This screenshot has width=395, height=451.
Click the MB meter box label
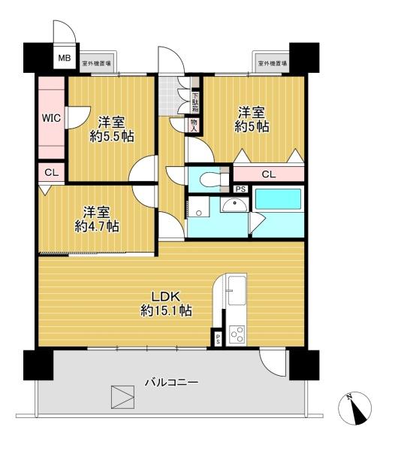click(x=65, y=58)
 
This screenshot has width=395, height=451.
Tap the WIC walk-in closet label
click(x=51, y=118)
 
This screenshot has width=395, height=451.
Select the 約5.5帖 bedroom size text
click(x=112, y=136)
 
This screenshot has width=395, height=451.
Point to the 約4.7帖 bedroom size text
click(x=97, y=226)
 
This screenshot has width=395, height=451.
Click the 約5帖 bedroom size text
click(x=252, y=126)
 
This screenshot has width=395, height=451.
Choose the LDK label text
click(x=166, y=297)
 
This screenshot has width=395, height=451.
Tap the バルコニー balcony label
click(x=171, y=383)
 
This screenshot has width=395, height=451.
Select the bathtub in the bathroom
click(x=278, y=199)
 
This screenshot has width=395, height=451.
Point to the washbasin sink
click(x=235, y=205)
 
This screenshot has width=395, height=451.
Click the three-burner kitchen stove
click(x=237, y=334)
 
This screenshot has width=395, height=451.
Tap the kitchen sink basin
click(x=237, y=290)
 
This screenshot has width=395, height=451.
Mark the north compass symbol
click(x=354, y=408)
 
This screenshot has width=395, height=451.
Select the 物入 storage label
click(x=194, y=126)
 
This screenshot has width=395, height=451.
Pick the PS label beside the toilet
click(x=240, y=189)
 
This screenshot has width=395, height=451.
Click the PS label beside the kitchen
click(x=218, y=340)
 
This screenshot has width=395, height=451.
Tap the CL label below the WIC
click(x=51, y=173)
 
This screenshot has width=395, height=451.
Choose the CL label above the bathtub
click(x=269, y=174)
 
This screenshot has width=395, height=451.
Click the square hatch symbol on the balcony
click(x=123, y=397)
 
